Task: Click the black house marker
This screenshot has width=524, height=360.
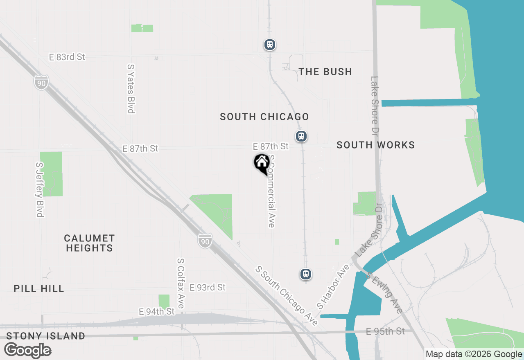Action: coord(262,163)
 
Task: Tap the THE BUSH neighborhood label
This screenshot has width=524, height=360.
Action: coord(325,72)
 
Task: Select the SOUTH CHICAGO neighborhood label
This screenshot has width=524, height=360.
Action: coord(264,117)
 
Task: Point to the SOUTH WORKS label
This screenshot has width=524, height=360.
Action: coord(375,145)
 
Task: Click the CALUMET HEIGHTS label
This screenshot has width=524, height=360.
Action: coord(89,243)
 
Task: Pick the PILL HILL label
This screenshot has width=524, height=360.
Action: coord(39,288)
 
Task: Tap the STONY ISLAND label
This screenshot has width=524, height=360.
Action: coord(46,336)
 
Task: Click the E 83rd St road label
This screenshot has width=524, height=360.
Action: coord(67,57)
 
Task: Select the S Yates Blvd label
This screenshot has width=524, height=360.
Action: coord(131,88)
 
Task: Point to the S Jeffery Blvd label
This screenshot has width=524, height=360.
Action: coord(39,189)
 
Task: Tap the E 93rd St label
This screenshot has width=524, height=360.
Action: coord(208,288)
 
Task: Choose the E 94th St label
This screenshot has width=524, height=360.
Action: coord(157,312)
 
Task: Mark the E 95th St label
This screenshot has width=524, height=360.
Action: coord(385,331)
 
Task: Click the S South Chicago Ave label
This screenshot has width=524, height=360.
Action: coord(286,296)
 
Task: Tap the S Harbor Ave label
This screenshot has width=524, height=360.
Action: coord(334,286)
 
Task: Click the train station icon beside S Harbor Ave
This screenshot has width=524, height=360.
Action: coord(305,274)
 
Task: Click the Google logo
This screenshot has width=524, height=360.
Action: coord(28,350)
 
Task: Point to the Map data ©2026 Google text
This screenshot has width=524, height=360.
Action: coord(474,354)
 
